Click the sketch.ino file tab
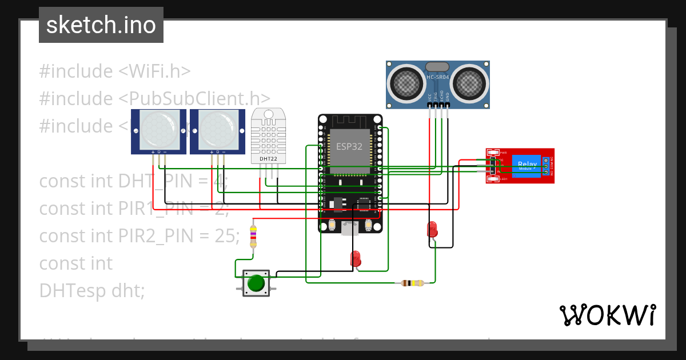tap(101, 25)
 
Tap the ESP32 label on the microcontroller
tap(349, 146)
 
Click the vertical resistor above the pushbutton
tap(253, 236)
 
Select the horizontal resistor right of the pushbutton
tap(412, 283)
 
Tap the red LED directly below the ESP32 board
tap(356, 258)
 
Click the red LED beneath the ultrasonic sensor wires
tap(433, 229)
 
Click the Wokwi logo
tap(607, 315)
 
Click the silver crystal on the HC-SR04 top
tap(438, 67)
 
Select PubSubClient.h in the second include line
tap(194, 98)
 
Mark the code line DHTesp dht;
tap(92, 290)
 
